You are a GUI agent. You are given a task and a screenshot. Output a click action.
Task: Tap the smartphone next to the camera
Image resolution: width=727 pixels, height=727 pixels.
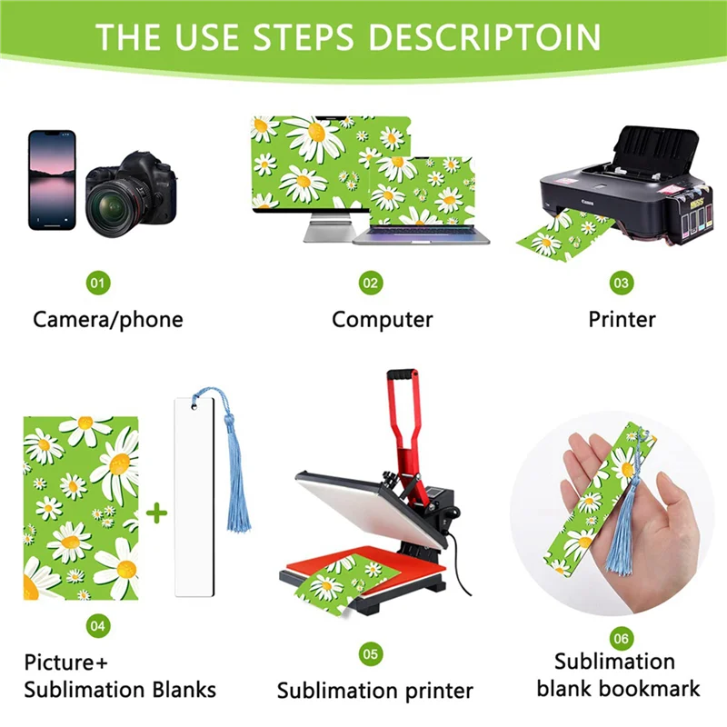click(52, 179)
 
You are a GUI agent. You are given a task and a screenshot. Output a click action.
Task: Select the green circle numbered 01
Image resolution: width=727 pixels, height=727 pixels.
click(98, 284)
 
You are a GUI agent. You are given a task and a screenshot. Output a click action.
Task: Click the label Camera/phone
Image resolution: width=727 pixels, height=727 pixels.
click(108, 319)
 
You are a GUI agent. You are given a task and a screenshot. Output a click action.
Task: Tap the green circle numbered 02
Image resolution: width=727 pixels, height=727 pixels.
click(370, 284)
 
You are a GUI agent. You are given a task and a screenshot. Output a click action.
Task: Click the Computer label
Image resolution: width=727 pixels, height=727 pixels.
click(382, 319)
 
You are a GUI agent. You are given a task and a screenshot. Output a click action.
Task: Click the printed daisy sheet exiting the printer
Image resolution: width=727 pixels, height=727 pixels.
click(551, 235)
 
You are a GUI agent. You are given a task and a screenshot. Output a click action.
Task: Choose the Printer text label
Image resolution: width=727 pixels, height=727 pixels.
click(622, 319)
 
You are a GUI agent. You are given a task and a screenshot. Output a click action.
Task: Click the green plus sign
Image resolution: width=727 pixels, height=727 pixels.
click(157, 513)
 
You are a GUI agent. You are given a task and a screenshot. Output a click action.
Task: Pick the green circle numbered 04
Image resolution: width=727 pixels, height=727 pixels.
click(98, 625)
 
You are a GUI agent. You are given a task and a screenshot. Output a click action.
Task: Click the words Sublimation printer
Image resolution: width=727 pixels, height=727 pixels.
click(374, 691)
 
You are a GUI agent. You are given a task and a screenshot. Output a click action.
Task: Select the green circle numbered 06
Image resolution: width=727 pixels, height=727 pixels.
click(622, 640)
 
